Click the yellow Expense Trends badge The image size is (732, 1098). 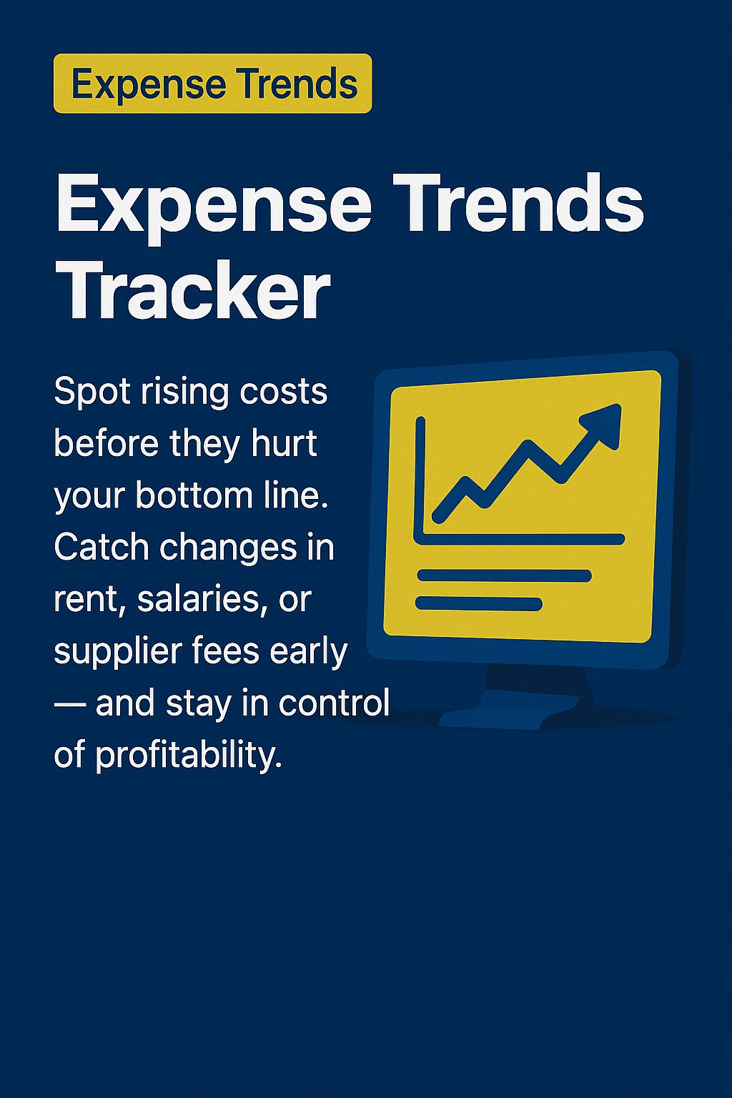213,84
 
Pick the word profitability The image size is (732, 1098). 188,756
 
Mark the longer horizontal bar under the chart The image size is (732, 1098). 504,575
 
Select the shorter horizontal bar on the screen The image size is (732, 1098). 479,604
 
